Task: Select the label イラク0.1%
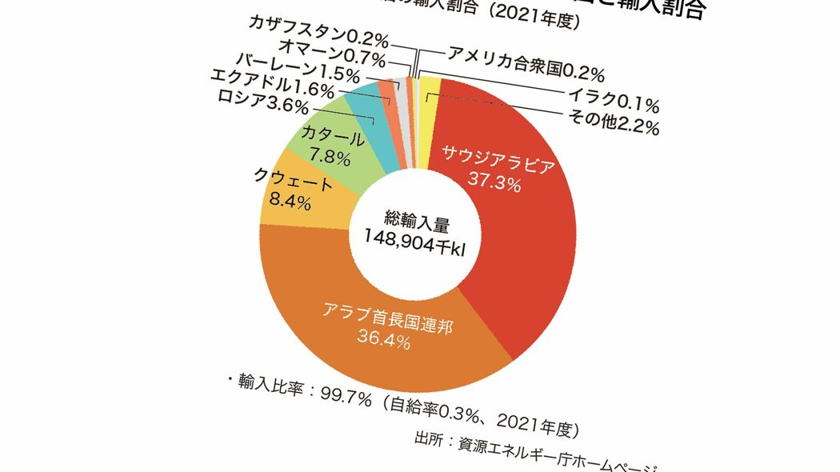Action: click(613, 102)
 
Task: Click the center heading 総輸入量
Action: click(411, 217)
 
